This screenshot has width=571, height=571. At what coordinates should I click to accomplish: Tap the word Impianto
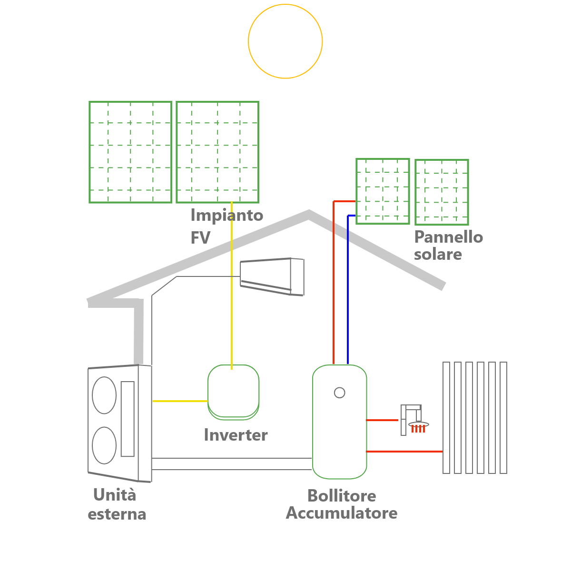(x=226, y=216)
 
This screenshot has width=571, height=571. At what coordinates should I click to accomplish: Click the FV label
(x=200, y=237)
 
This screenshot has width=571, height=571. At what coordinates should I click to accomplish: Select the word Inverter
(x=236, y=435)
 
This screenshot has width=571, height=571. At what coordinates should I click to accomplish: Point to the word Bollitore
(x=342, y=496)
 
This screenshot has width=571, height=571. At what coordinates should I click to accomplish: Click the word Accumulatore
(x=341, y=513)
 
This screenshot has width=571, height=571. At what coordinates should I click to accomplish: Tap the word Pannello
(x=448, y=237)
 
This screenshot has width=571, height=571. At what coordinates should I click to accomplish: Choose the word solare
(x=438, y=255)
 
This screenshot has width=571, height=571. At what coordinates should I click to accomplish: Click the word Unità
(x=115, y=494)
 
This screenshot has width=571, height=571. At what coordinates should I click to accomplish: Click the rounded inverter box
(x=208, y=392)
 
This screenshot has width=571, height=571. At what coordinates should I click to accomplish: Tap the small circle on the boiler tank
(x=340, y=388)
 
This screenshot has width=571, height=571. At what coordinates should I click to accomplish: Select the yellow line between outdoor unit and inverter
(x=180, y=401)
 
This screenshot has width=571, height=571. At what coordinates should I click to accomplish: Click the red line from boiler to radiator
(x=404, y=452)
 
